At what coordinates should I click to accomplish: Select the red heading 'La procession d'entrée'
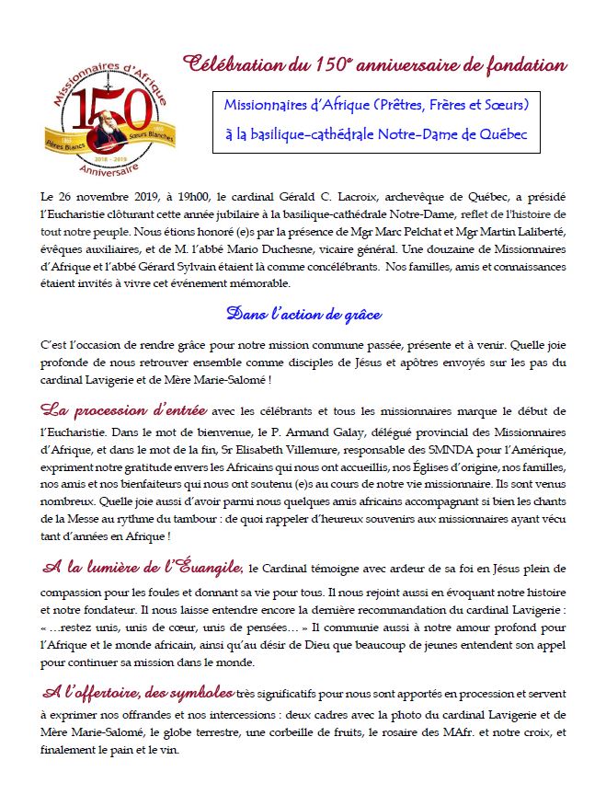[x=123, y=409]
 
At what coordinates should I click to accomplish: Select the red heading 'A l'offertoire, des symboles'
[x=138, y=690]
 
